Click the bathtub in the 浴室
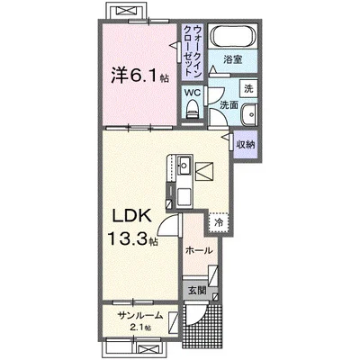click(x=233, y=36)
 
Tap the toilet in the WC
click(x=193, y=109)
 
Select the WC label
click(x=193, y=93)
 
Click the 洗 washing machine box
click(x=248, y=88)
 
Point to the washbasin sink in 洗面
click(x=248, y=114)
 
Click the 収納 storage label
click(x=246, y=145)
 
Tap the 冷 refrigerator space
click(x=220, y=222)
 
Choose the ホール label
click(x=199, y=250)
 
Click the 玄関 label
click(x=197, y=291)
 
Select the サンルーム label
click(x=140, y=316)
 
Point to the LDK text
click(x=131, y=215)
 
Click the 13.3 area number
click(x=128, y=238)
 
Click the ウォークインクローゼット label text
click(x=193, y=50)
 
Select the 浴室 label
click(x=233, y=60)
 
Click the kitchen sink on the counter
click(x=184, y=165)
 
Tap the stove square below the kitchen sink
click(x=184, y=195)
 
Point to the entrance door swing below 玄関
click(x=195, y=315)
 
